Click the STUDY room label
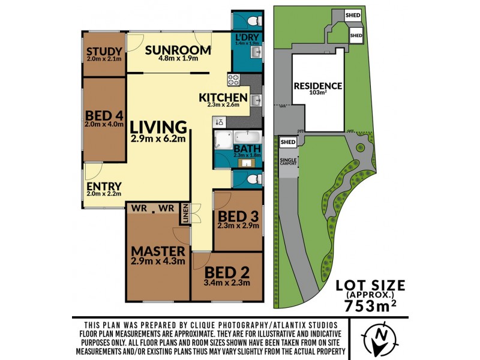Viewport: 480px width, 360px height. tap(104, 51)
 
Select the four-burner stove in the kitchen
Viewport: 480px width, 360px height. tap(233, 79)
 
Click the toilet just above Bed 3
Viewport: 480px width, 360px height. tap(253, 178)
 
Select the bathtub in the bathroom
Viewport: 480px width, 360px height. tap(247, 137)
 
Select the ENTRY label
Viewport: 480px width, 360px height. tap(104, 186)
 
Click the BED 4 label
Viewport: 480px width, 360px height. tap(104, 115)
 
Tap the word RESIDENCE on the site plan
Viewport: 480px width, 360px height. tap(317, 86)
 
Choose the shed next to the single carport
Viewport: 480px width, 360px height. tap(288, 142)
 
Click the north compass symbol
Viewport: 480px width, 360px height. tap(379, 338)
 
